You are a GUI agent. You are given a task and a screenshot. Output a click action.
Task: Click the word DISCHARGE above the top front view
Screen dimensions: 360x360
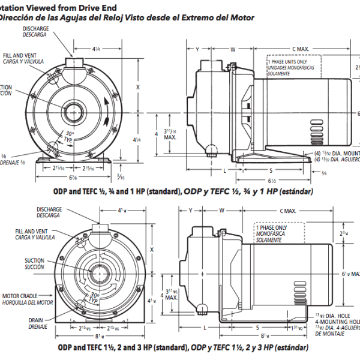pyautogui.click(x=35, y=28)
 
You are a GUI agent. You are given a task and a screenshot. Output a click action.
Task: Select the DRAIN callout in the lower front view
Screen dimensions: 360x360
pyautogui.click(x=35, y=320)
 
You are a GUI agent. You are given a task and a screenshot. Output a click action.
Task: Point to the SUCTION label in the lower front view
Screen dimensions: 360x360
pyautogui.click(x=34, y=260)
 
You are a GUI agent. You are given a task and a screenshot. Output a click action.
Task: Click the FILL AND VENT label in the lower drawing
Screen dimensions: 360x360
pyautogui.click(x=32, y=231)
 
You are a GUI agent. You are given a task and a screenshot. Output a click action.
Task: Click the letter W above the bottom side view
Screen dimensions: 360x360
pyautogui.click(x=221, y=211)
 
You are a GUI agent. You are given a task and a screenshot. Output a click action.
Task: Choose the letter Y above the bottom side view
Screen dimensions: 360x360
pyautogui.click(x=190, y=211)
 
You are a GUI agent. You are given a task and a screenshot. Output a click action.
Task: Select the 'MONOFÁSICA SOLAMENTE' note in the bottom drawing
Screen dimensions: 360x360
pyautogui.click(x=268, y=238)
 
